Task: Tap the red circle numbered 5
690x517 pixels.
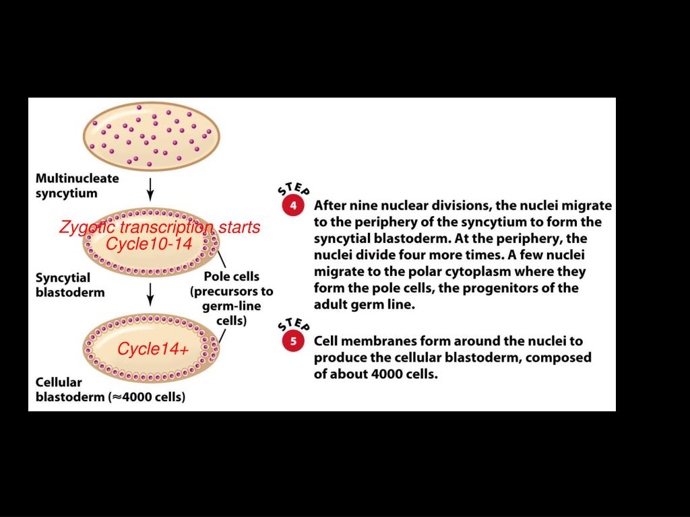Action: tap(293, 341)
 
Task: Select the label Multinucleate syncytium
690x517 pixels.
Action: tap(77, 186)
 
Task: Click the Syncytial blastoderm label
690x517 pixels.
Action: tap(70, 285)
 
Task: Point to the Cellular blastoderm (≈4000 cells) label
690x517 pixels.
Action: tap(110, 390)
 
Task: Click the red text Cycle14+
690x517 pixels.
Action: tap(153, 350)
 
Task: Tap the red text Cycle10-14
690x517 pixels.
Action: tap(149, 244)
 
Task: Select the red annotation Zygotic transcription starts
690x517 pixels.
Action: tap(159, 228)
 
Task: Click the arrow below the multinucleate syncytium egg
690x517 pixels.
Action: tap(151, 187)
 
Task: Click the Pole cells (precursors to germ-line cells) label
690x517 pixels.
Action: tap(232, 298)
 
